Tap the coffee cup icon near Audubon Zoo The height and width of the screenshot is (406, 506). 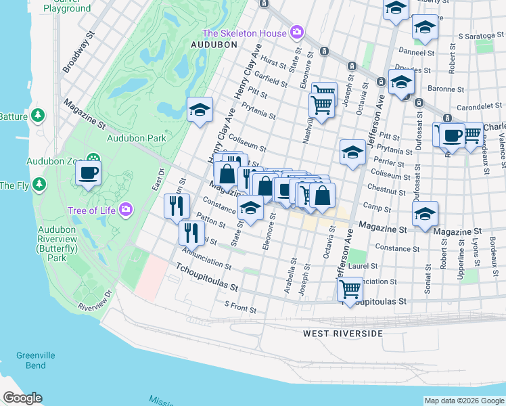pyautogui.click(x=88, y=174)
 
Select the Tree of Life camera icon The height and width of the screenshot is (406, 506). pyautogui.click(x=125, y=210)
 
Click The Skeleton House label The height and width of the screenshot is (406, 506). pyautogui.click(x=245, y=33)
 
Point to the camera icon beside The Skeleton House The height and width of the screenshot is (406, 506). pyautogui.click(x=296, y=32)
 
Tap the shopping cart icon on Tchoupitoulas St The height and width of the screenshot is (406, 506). pyautogui.click(x=349, y=290)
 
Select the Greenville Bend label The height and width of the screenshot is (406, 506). pyautogui.click(x=32, y=361)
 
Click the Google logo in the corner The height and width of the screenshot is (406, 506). pyautogui.click(x=22, y=398)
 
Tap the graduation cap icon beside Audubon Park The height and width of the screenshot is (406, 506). pyautogui.click(x=200, y=110)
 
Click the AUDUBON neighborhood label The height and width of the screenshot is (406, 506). pyautogui.click(x=214, y=45)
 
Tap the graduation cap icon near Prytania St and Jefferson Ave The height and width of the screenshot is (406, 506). pyautogui.click(x=352, y=153)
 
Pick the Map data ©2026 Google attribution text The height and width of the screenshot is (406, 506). pyautogui.click(x=464, y=401)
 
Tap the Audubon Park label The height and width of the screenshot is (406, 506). pyautogui.click(x=137, y=138)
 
